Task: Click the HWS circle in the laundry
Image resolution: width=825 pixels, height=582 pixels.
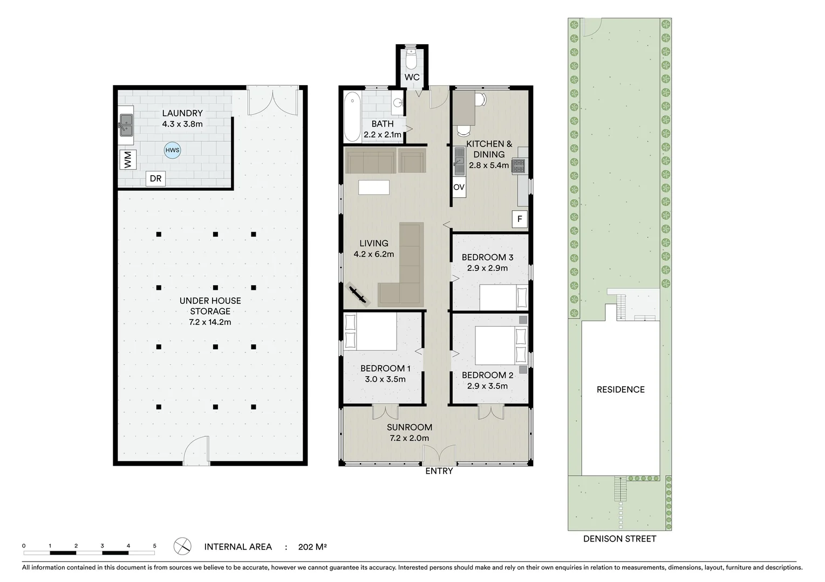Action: (x=173, y=150)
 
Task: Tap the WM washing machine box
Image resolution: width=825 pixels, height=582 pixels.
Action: (x=128, y=160)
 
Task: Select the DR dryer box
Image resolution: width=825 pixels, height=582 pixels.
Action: (x=155, y=179)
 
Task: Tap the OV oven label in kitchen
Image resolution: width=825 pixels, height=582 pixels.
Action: (x=459, y=188)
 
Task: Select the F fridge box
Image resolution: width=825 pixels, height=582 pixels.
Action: (x=520, y=219)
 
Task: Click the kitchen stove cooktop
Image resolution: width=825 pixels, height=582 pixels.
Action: (x=519, y=167)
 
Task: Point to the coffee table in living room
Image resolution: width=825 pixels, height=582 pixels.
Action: (x=373, y=187)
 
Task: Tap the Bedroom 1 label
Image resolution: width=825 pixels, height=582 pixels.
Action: (x=385, y=369)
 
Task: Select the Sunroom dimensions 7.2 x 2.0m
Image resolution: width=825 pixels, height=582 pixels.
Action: (x=409, y=438)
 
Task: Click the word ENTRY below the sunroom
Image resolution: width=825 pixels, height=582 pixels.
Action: (x=439, y=472)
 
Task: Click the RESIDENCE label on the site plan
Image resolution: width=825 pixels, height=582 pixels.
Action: (x=620, y=390)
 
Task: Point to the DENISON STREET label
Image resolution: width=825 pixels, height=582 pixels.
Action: (x=619, y=539)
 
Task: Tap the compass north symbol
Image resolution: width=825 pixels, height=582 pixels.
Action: (x=182, y=546)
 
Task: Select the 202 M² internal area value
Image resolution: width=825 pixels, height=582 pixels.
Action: (x=312, y=547)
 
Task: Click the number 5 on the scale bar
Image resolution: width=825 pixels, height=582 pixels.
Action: (x=154, y=546)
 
